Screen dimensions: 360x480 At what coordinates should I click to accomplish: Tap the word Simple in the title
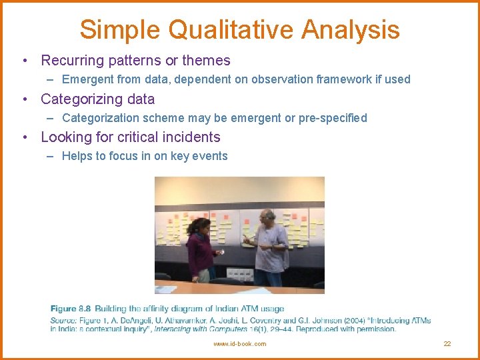120,30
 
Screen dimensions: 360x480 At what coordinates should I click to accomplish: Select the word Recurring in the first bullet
71,61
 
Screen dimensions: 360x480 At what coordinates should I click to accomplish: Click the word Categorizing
81,99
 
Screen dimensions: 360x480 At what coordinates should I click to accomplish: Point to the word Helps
77,156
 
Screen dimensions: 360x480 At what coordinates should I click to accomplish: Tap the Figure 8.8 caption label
71,309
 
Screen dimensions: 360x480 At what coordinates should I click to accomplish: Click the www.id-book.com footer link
239,344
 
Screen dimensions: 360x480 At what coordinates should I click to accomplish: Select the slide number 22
447,344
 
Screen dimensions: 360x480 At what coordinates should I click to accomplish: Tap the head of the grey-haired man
267,218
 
